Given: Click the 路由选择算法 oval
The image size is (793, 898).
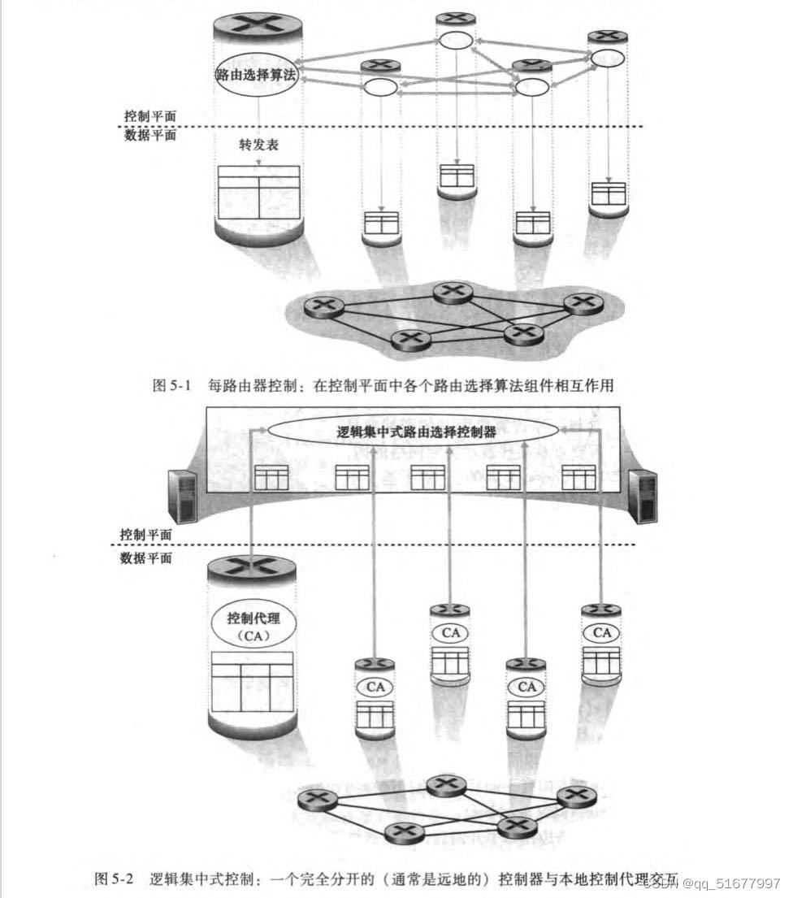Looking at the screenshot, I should click(257, 75).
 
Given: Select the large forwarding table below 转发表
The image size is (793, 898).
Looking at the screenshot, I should click(258, 192).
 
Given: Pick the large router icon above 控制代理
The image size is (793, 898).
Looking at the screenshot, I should click(252, 569).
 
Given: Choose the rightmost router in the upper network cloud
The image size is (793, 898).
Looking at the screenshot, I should click(582, 303).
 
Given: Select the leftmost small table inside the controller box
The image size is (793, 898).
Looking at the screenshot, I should click(271, 478).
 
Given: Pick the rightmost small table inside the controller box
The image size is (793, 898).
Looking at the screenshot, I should click(579, 478).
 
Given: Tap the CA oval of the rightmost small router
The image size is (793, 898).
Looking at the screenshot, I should click(602, 632).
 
